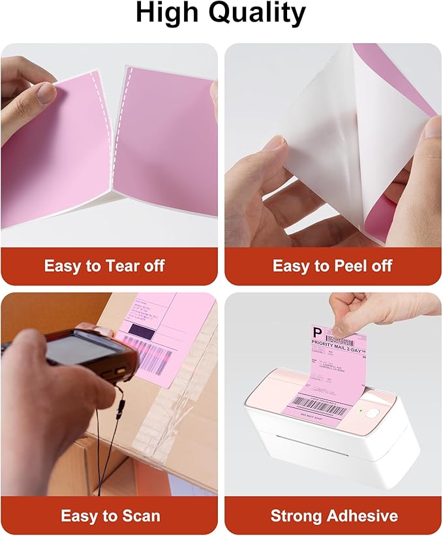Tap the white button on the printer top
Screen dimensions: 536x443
coord(373,413)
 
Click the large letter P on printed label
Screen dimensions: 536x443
coord(318,334)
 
